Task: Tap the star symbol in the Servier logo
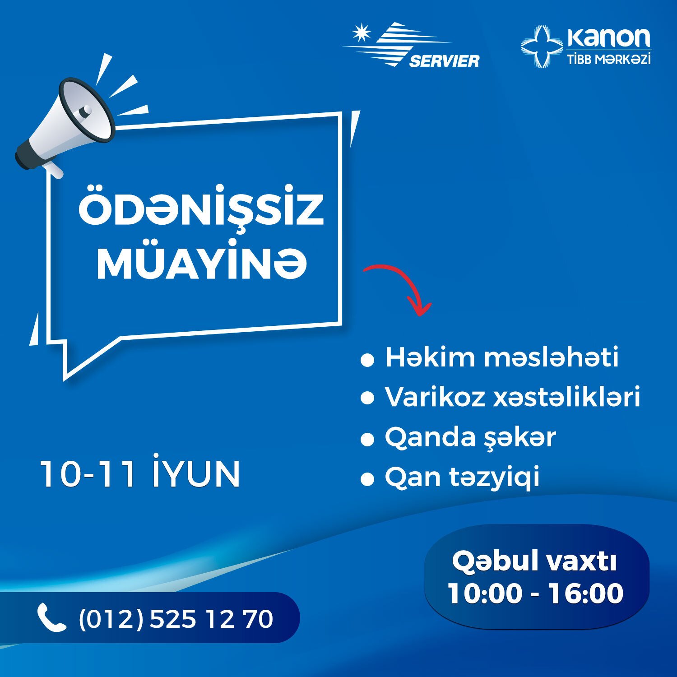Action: coord(362,34)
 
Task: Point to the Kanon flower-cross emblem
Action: coord(542,46)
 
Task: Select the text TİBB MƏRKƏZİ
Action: coord(609,59)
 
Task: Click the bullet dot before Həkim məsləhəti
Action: coord(367,360)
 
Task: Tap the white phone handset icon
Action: coord(51,617)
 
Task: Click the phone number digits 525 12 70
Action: coord(211,619)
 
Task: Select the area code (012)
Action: coord(111,619)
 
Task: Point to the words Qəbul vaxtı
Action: coord(534,561)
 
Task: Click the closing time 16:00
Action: coord(586,593)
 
